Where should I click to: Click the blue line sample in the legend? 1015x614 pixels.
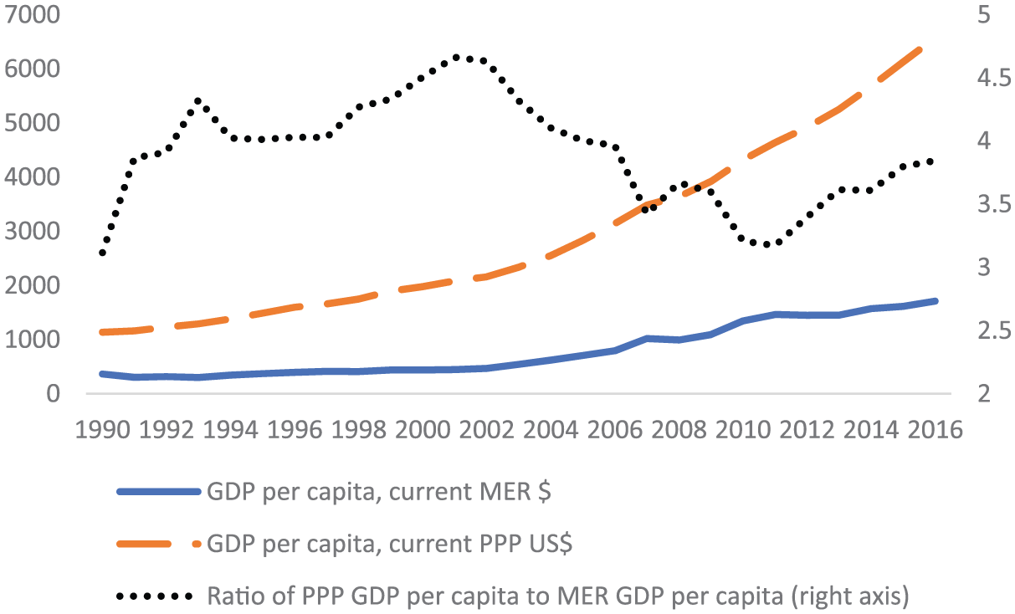coord(159,492)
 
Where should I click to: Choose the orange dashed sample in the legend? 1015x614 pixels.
coord(159,545)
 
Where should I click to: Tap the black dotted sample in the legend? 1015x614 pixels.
coord(159,596)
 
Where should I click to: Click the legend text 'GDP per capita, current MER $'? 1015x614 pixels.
coord(377,492)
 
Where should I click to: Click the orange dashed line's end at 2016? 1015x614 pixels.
coord(920,49)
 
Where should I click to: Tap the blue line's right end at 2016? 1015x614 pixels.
coord(936,300)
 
